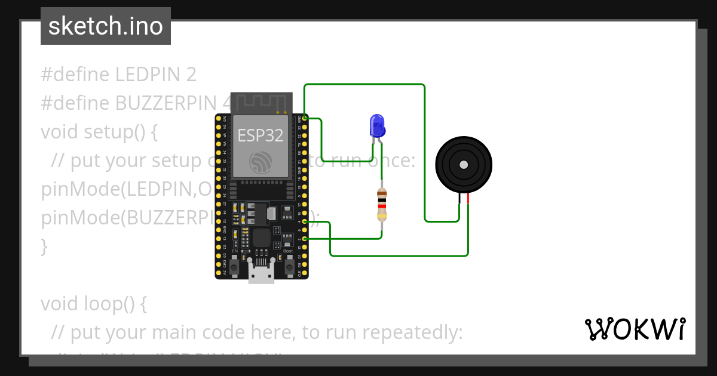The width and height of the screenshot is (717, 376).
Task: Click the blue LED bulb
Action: pyautogui.click(x=377, y=125)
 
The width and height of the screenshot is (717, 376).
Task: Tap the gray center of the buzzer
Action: pyautogui.click(x=463, y=165)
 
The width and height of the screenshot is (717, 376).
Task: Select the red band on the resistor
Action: pyautogui.click(x=381, y=206)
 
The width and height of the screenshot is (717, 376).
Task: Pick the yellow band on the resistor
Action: pyautogui.click(x=381, y=217)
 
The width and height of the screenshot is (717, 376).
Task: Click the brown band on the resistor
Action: pyautogui.click(x=381, y=194)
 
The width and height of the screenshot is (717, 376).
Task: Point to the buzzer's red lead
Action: pyautogui.click(x=468, y=199)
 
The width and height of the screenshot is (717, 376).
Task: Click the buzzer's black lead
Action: pyautogui.click(x=459, y=199)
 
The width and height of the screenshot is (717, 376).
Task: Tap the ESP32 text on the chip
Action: pyautogui.click(x=261, y=135)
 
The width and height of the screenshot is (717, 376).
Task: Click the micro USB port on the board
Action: pyautogui.click(x=261, y=274)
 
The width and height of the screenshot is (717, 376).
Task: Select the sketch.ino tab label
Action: pyautogui.click(x=105, y=26)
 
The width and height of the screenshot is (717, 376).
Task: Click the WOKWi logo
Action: pyautogui.click(x=635, y=329)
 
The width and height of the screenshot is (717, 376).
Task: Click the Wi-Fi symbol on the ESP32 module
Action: pyautogui.click(x=261, y=161)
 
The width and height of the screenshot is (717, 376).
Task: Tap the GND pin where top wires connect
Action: pyautogui.click(x=305, y=118)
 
